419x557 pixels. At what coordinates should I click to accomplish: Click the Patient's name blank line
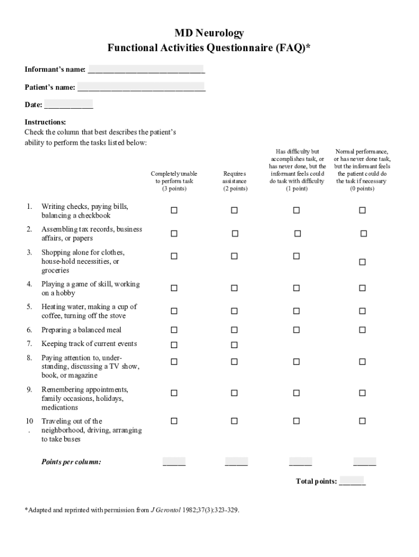coord(141,88)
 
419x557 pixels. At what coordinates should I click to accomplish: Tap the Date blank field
coord(69,105)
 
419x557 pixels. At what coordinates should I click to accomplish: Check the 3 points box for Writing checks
coord(174,211)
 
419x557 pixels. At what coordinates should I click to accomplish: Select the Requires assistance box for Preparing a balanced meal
coord(234,330)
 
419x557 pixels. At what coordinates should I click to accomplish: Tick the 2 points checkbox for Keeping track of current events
coord(234,345)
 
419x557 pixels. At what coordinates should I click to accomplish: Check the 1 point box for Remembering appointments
coord(297,393)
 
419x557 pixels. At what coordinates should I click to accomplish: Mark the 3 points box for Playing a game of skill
coord(174,288)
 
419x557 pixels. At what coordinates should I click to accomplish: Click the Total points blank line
coord(352,482)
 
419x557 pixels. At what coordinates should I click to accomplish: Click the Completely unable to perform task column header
coord(174,181)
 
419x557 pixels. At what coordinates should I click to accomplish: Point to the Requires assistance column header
coord(235,181)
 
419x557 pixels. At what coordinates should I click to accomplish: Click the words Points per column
coord(71,462)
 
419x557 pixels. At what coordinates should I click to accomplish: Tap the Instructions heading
coord(45,122)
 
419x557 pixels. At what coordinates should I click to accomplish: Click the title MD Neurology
coord(209,34)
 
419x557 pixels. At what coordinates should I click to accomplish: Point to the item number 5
coord(29,307)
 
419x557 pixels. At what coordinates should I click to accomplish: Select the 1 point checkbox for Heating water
coord(297,311)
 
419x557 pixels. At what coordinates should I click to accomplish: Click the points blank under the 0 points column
coord(364,463)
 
